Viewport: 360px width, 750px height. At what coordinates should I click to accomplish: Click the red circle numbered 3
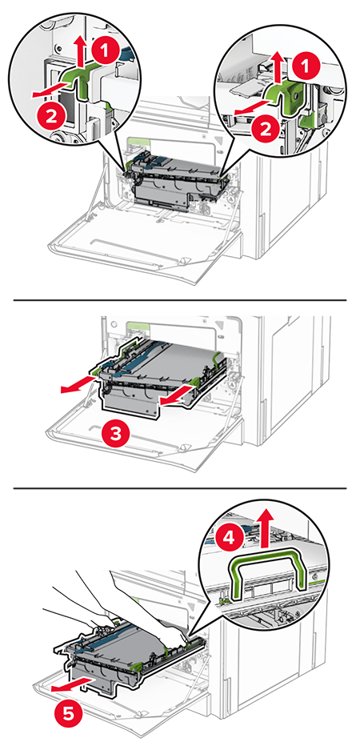coord(117,435)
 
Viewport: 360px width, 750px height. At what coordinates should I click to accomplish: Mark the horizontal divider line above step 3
coord(180,300)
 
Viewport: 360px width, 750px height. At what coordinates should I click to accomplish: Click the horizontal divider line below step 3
coord(180,488)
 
